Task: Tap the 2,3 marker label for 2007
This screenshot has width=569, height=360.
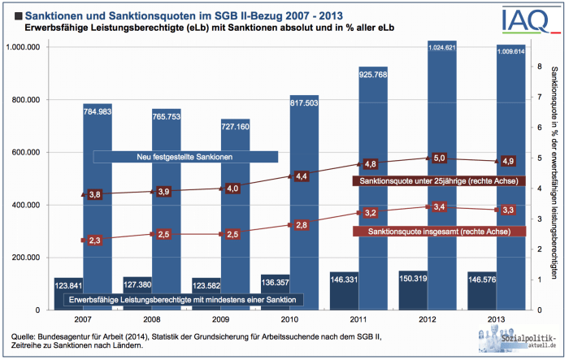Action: (95, 240)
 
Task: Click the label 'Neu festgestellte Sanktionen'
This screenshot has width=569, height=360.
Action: (185, 156)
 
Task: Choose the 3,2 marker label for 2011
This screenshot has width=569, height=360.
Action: (371, 213)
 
